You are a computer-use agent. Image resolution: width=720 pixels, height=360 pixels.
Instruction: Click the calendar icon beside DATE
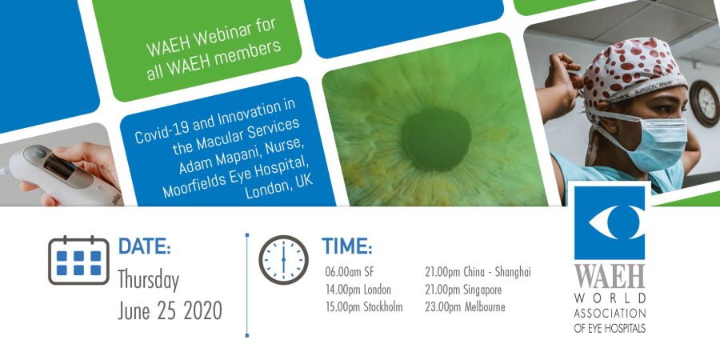[x=78, y=260]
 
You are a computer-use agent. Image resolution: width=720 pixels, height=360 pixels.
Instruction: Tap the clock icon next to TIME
[x=283, y=260]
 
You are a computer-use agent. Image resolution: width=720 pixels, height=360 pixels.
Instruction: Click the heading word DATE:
[x=145, y=246]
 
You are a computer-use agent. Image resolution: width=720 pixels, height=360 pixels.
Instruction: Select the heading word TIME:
[x=346, y=246]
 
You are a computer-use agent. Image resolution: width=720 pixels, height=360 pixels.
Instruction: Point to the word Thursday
[x=148, y=281]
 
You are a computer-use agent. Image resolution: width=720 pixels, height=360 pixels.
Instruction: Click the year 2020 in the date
[x=202, y=310]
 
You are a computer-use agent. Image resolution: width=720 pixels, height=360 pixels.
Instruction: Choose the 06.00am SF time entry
[x=350, y=272]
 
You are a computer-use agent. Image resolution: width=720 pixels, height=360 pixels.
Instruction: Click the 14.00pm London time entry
[x=358, y=290]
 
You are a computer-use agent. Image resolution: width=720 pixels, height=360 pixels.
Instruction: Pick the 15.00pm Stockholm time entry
[x=364, y=307]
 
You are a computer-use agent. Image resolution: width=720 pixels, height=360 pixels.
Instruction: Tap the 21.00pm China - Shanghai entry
[x=478, y=272]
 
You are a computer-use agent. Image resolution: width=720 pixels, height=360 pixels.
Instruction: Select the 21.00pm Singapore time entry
[x=463, y=290]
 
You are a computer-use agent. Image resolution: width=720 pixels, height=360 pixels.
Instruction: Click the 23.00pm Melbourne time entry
[x=465, y=307]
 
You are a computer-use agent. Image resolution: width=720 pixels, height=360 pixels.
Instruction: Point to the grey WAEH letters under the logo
[x=610, y=277]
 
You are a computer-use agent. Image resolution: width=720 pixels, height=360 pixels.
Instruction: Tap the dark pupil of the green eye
[x=437, y=138]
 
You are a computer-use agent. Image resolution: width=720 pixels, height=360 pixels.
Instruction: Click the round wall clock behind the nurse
[x=705, y=103]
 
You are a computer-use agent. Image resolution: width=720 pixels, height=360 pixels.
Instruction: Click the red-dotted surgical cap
[x=633, y=71]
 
